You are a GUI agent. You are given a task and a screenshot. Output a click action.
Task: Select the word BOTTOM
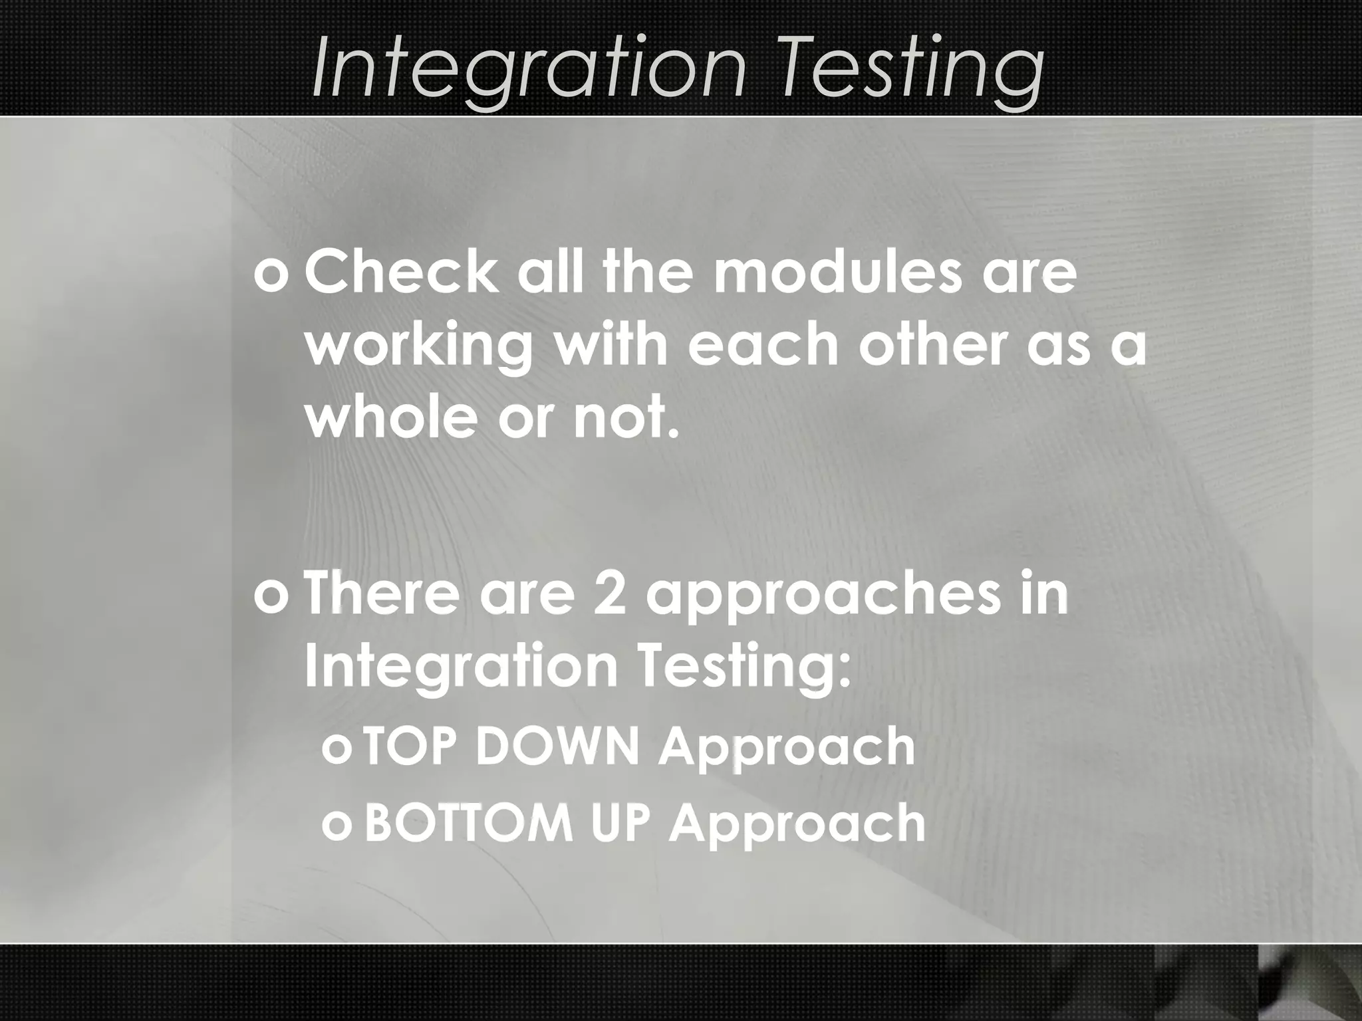469,823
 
